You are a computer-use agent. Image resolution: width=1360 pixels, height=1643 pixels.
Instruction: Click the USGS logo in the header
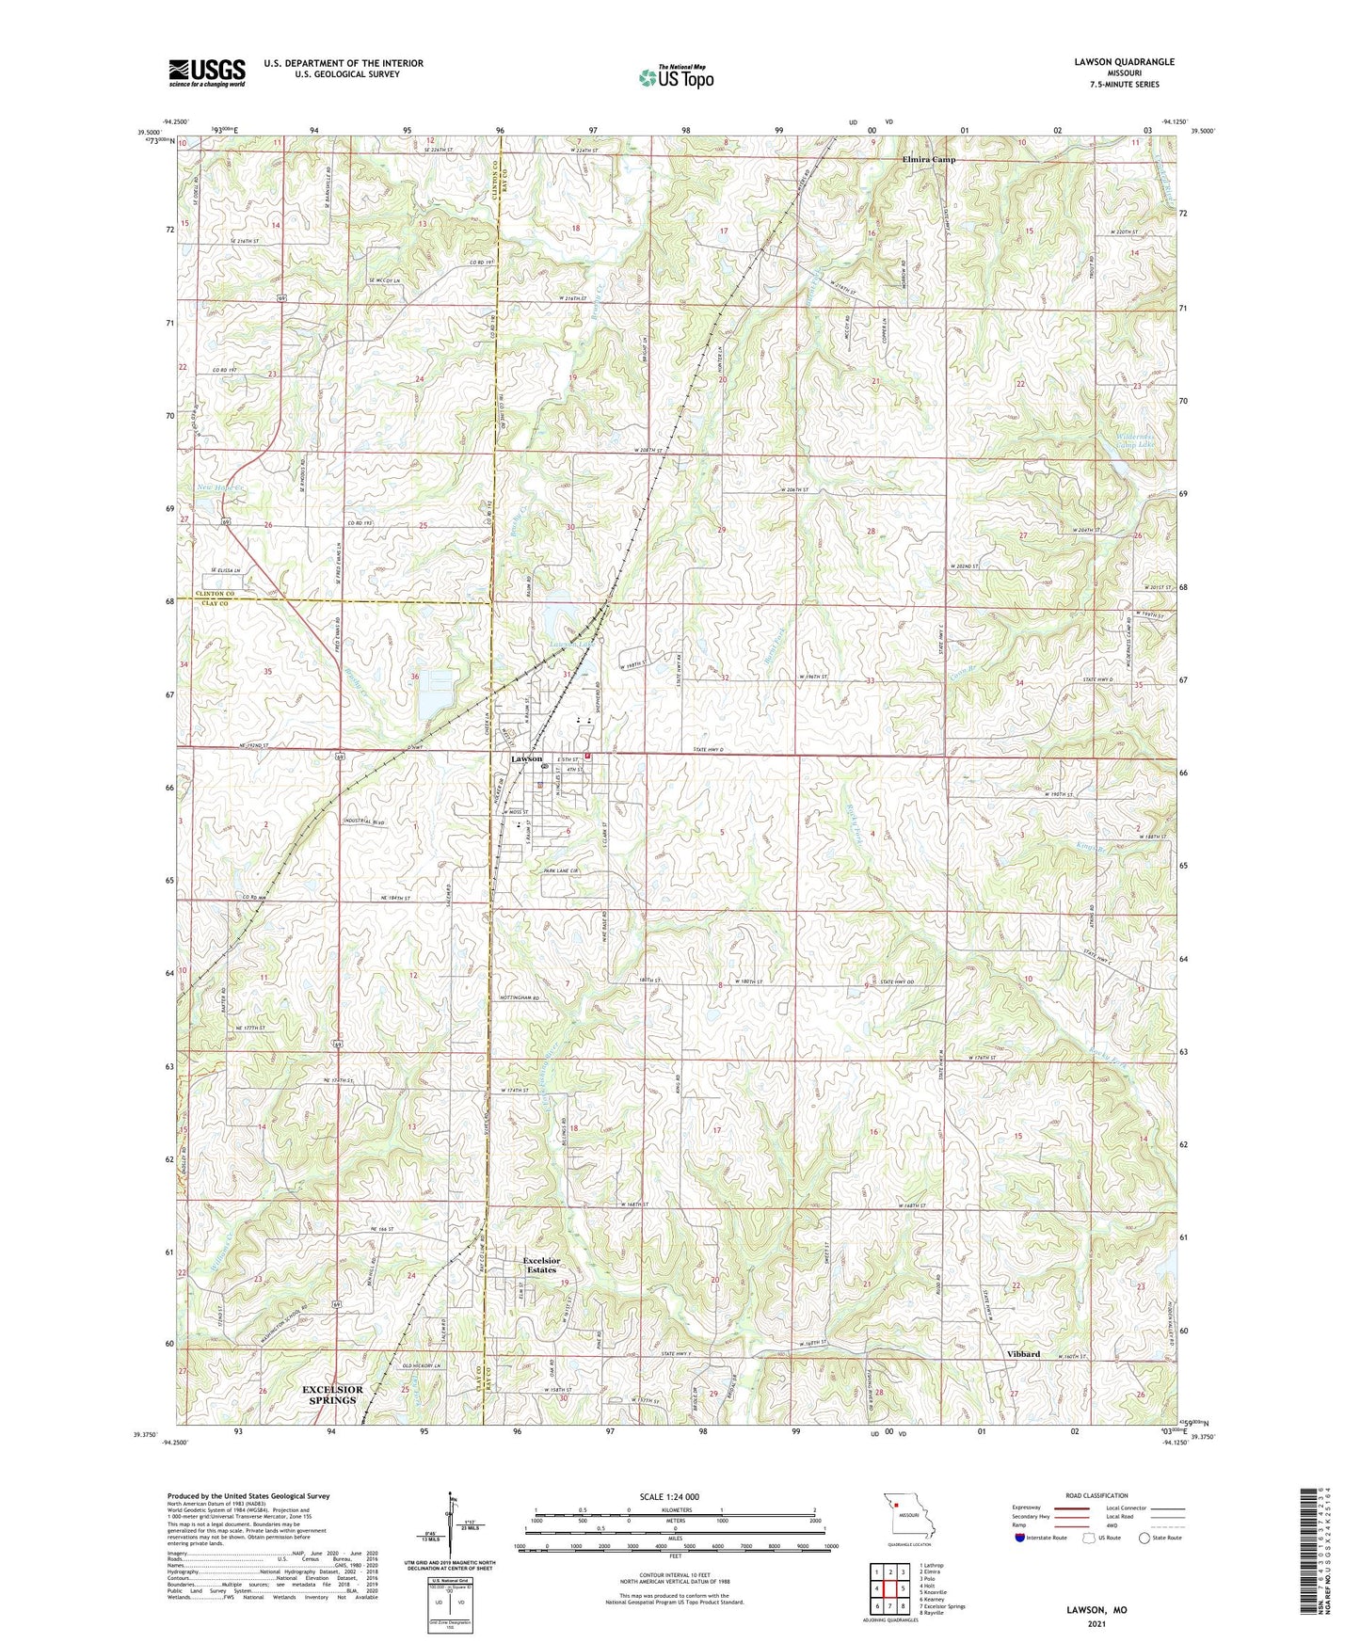click(x=206, y=72)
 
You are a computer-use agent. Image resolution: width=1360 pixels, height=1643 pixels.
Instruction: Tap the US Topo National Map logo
click(x=675, y=77)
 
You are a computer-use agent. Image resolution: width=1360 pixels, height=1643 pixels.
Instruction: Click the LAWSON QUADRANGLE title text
click(x=1124, y=62)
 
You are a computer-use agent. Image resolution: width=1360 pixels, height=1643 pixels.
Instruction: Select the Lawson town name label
click(x=526, y=758)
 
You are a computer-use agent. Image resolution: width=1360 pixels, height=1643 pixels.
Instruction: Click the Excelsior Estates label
click(x=541, y=1265)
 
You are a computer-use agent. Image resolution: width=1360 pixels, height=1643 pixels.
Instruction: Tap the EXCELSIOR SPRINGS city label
click(x=332, y=1395)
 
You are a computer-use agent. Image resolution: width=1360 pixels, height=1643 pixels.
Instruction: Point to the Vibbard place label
click(x=1023, y=1354)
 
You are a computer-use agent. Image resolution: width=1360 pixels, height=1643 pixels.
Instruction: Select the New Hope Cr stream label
click(x=221, y=487)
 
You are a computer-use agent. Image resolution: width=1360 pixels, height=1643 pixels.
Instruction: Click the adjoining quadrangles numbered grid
click(x=889, y=1587)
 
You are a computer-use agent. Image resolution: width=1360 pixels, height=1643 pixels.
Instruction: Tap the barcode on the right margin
click(x=1315, y=1562)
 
